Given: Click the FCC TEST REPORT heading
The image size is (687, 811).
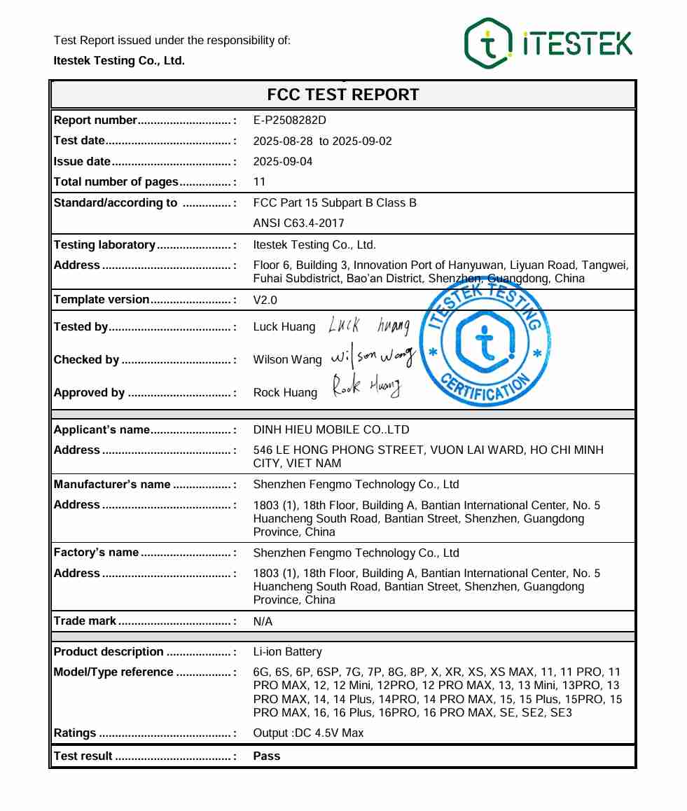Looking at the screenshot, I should point(343,95).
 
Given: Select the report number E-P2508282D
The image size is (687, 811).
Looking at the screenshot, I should point(289,120).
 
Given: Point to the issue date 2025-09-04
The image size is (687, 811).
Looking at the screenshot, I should point(283,162).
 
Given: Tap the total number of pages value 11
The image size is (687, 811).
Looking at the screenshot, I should point(259,182).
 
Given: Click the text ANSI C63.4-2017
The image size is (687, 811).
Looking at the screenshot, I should point(298,223).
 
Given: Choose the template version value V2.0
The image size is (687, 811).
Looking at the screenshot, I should point(265,300).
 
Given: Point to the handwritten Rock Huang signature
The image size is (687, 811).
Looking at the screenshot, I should point(366,387).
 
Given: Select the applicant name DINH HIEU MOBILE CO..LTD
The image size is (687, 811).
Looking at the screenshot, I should point(331,430).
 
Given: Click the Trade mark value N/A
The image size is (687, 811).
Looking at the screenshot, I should point(263,621).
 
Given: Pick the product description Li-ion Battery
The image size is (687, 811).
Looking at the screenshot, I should point(287,652).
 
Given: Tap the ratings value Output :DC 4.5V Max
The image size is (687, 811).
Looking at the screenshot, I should point(308,733).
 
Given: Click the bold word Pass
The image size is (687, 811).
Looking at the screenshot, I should point(266,756).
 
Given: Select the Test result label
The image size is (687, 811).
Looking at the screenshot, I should point(83,756).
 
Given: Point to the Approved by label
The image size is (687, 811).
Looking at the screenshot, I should point(89,393).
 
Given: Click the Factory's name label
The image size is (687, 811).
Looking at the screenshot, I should point(96,553).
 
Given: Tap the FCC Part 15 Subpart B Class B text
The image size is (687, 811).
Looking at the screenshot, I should point(335,203).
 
